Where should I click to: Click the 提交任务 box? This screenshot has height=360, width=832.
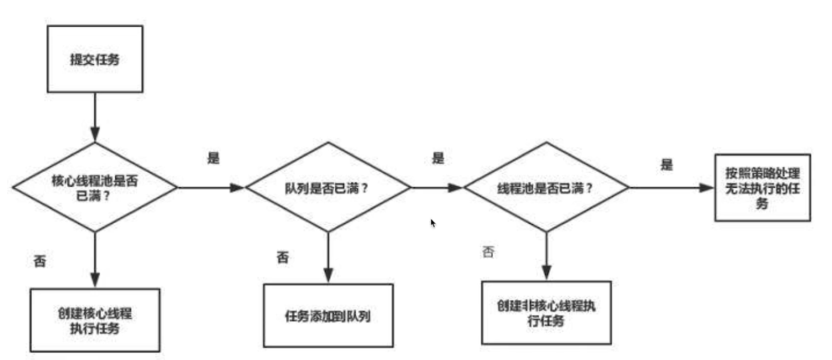[x=95, y=59]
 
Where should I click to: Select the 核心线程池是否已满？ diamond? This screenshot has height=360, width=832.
[x=95, y=188]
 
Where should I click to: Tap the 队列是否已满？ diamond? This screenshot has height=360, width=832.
[x=328, y=188]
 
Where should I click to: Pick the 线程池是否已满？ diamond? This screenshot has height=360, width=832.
[x=546, y=188]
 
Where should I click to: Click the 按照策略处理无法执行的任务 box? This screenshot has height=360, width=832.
[x=762, y=188]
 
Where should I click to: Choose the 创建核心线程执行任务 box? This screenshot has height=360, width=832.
[x=95, y=320]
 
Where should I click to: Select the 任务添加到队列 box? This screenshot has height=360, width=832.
[x=328, y=315]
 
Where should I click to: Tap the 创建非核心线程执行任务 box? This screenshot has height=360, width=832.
[x=546, y=313]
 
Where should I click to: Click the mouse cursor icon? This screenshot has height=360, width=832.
[x=433, y=223]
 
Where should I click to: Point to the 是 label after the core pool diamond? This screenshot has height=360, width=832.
[x=213, y=158]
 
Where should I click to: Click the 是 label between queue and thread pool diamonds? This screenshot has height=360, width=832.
[x=438, y=158]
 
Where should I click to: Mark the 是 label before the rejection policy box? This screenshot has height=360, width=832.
[x=666, y=165]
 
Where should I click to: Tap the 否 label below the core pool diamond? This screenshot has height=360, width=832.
[x=40, y=261]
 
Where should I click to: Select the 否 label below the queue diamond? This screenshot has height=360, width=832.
[x=283, y=257]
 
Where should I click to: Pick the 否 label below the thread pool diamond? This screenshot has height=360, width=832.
[x=488, y=251]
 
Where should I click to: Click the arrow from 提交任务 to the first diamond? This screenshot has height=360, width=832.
[x=95, y=117]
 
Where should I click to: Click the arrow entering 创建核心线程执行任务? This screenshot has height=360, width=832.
[x=95, y=260]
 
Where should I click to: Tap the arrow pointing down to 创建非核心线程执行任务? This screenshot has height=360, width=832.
[x=546, y=256]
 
